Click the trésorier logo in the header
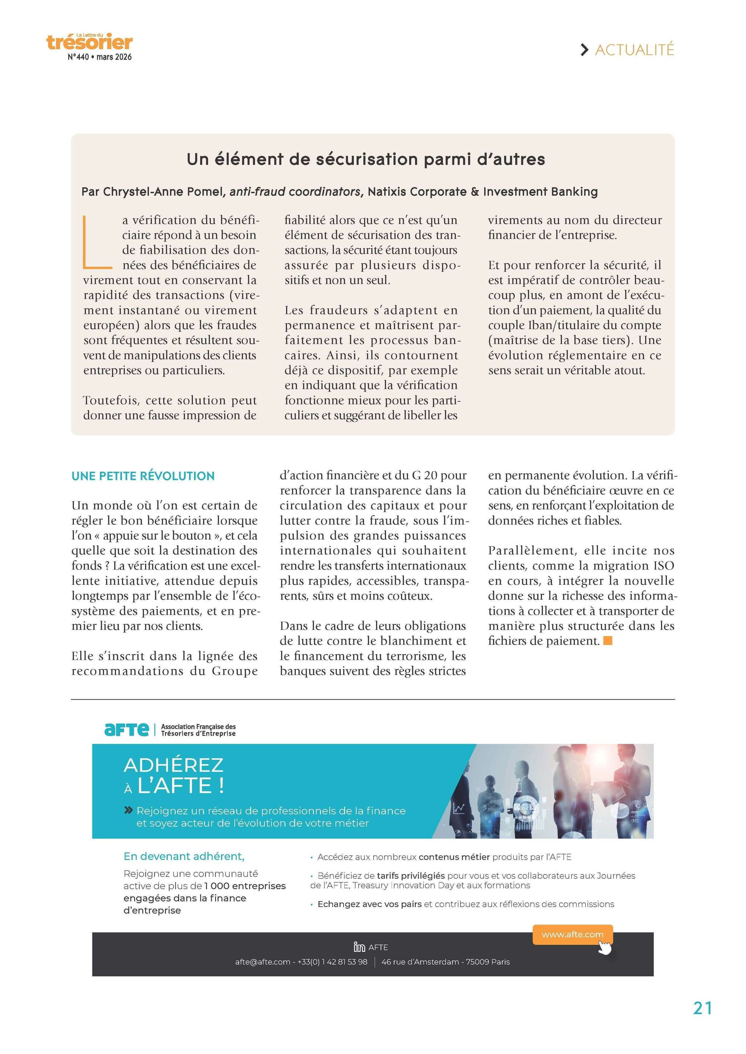point(90,42)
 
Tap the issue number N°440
point(78,57)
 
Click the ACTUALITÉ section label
point(634,50)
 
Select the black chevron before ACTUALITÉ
point(584,50)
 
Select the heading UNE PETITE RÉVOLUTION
point(143,476)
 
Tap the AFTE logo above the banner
point(127,729)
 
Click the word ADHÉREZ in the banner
point(174,765)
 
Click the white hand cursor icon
point(605,947)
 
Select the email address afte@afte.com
point(262,962)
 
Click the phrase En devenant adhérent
point(184,856)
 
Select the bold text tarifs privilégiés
point(411,875)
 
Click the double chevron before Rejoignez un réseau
point(129,811)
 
